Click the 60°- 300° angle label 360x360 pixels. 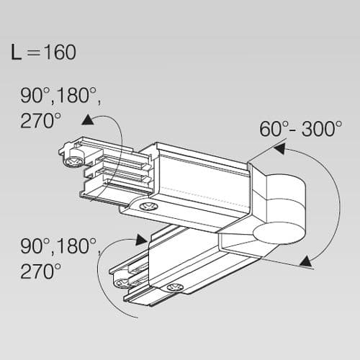point(300,129)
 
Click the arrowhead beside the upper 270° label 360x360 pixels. point(88,120)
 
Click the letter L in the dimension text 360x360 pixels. point(17,52)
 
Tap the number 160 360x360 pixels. point(58,52)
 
